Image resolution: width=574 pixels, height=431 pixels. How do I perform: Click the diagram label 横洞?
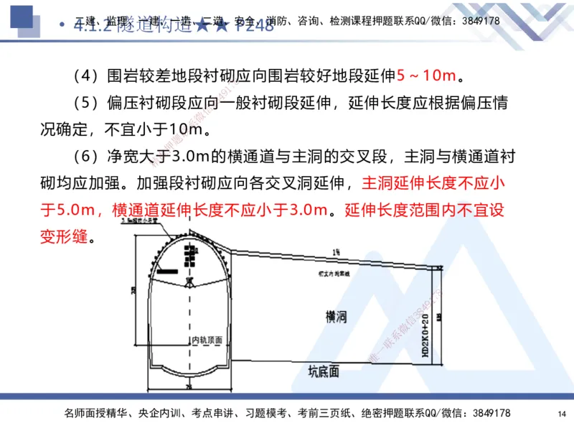click(337, 316)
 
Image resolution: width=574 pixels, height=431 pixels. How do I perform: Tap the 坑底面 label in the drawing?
click(324, 371)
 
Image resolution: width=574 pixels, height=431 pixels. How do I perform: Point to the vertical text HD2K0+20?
click(425, 334)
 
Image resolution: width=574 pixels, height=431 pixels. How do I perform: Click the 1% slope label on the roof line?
click(337, 251)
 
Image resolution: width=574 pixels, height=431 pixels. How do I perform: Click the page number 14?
click(561, 413)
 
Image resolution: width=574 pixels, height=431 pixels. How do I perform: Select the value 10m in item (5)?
click(189, 130)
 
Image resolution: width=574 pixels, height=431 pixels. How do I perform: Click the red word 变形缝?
click(63, 236)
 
